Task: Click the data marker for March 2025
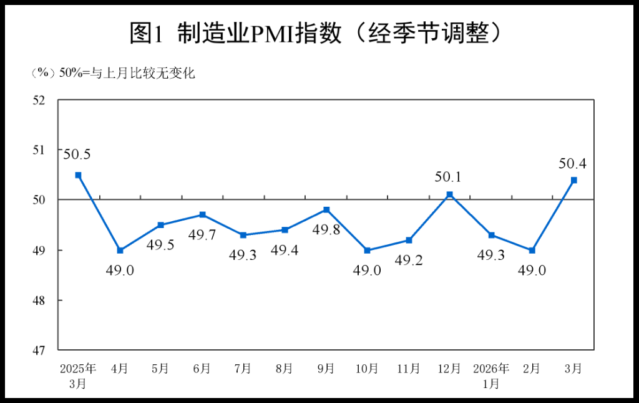(78, 175)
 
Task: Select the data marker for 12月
(450, 194)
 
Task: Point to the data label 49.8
(326, 229)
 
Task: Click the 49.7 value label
(202, 234)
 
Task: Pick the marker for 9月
(326, 209)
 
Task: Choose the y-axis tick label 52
(39, 100)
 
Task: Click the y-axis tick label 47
(39, 351)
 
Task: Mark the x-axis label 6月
(202, 369)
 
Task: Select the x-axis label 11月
(408, 369)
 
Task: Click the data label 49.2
(408, 260)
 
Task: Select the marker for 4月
(120, 250)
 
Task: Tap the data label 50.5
(77, 153)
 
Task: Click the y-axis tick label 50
(39, 200)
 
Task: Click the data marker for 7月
(243, 235)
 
